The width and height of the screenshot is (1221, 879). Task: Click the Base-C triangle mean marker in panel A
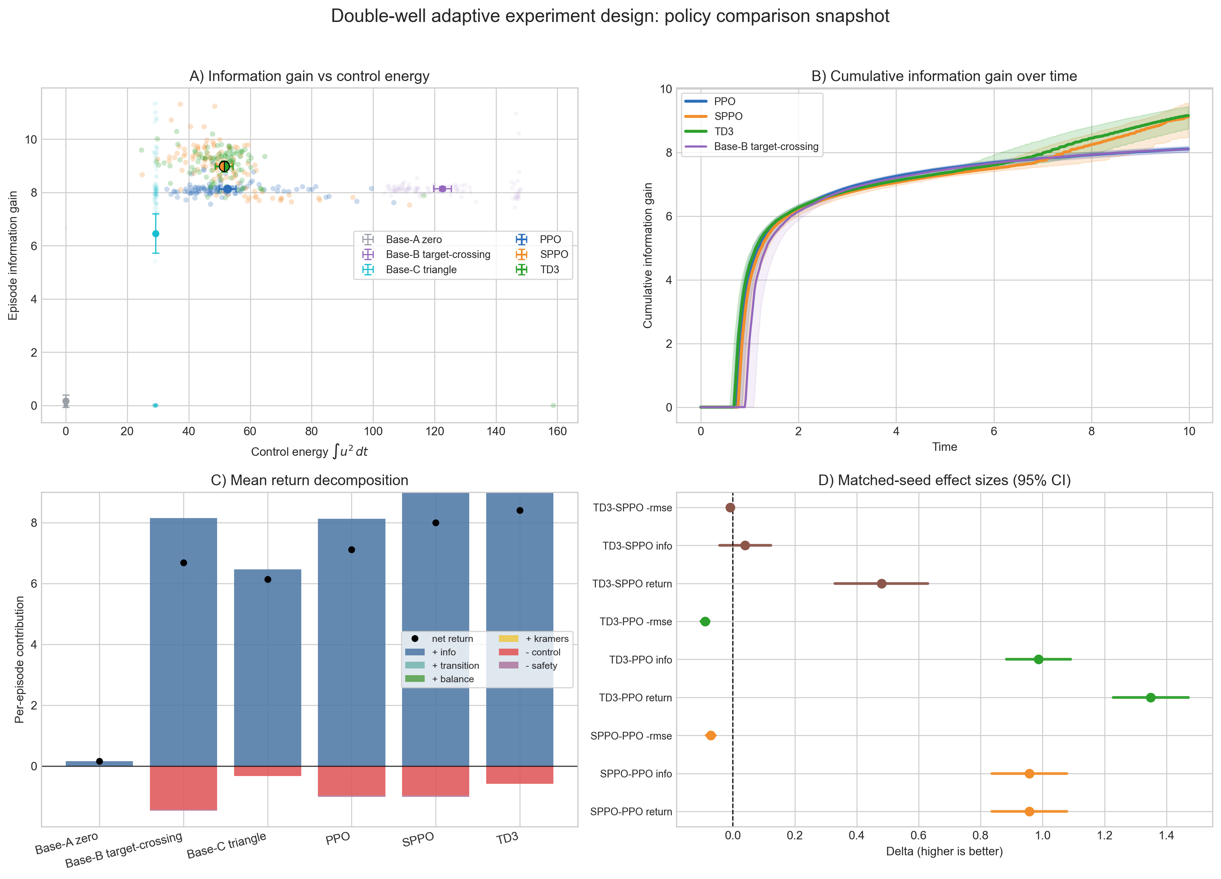point(156,234)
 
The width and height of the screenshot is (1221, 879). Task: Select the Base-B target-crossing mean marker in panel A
point(442,189)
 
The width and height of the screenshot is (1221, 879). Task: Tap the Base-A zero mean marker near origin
point(66,401)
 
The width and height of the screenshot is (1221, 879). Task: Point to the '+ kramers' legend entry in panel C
point(546,639)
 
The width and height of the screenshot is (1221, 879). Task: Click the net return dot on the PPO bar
point(351,550)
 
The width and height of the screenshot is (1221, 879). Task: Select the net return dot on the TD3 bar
point(519,511)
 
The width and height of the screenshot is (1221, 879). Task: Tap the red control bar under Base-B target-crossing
point(184,788)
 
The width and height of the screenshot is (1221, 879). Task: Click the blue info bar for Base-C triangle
point(268,668)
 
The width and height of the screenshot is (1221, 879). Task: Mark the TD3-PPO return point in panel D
point(1151,697)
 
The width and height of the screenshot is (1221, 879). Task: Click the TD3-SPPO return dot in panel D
point(881,584)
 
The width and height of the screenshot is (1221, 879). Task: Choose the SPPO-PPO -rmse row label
point(631,736)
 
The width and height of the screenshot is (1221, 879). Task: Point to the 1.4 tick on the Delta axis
point(1166,835)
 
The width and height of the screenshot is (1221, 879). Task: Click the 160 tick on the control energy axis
point(557,431)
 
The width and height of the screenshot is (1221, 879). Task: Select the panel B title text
point(944,76)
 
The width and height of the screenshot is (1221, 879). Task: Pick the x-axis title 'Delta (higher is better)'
point(944,851)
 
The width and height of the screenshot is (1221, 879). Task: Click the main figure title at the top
point(610,16)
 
